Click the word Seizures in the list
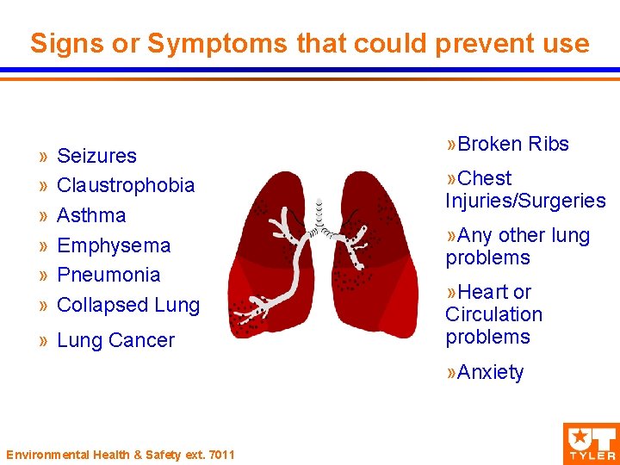[96, 156]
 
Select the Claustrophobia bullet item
[126, 185]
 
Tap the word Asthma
[91, 215]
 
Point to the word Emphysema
[114, 245]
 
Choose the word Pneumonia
[108, 275]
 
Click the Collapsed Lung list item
[127, 305]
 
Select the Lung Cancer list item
[115, 340]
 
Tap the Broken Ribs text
[513, 144]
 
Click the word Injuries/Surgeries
[525, 201]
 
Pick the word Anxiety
[490, 372]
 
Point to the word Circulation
[493, 314]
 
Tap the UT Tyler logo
[590, 442]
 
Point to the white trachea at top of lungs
[319, 214]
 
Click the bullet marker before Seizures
[42, 157]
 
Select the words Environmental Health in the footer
[65, 454]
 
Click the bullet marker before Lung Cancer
[42, 341]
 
